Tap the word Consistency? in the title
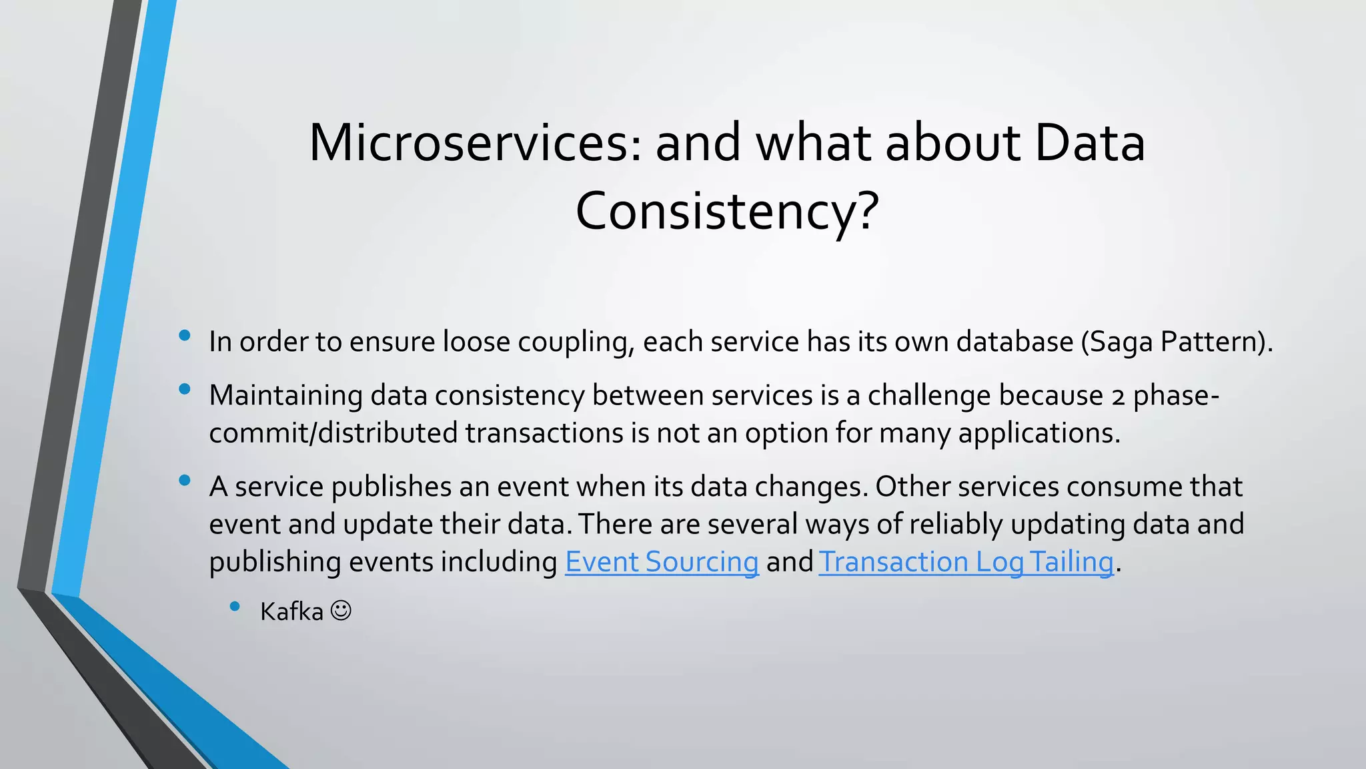tap(727, 211)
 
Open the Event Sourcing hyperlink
tap(662, 562)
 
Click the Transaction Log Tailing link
tap(966, 562)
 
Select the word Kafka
tap(291, 611)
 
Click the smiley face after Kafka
tap(341, 610)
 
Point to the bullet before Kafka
tap(235, 606)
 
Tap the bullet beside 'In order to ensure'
tap(185, 335)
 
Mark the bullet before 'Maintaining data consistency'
tap(185, 389)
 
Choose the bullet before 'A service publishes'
tap(185, 480)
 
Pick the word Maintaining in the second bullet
tap(285, 396)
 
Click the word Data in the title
tap(1090, 143)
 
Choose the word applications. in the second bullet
tap(1039, 434)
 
